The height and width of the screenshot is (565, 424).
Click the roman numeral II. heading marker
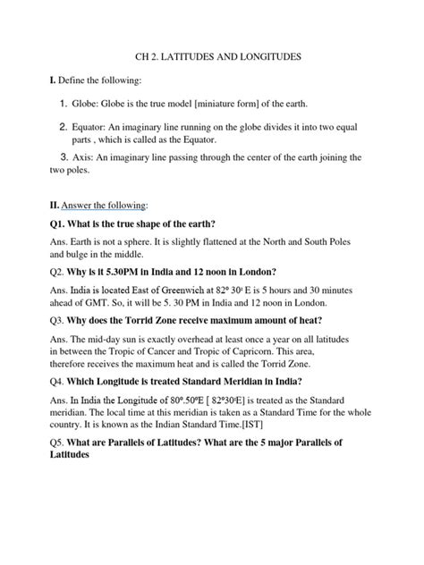pos(31,205)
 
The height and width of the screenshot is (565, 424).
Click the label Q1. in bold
pos(38,223)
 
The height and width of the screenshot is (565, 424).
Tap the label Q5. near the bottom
pos(38,444)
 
